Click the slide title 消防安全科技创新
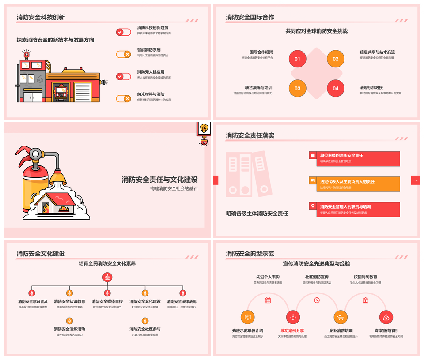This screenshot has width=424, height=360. coord(41,18)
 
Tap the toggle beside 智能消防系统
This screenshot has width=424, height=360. coord(124,54)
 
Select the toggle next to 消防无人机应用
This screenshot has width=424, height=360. coord(124,76)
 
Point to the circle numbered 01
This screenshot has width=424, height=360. coord(297,59)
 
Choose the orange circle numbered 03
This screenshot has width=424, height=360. coord(297,88)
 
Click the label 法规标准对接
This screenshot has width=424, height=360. coord(371,87)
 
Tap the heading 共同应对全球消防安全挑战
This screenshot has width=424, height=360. coord(316,31)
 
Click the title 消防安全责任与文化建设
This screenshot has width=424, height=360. coord(159,180)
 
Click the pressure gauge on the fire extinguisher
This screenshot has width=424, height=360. coord(35,154)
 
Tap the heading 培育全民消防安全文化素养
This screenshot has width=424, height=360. coord(107,263)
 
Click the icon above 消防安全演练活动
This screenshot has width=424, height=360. coord(69,321)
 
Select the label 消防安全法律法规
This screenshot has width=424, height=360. coord(182,301)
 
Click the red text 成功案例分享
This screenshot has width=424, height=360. coord(292,330)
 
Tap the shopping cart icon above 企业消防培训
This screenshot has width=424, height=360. coord(340,317)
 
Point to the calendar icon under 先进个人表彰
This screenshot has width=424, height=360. coord(268,300)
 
